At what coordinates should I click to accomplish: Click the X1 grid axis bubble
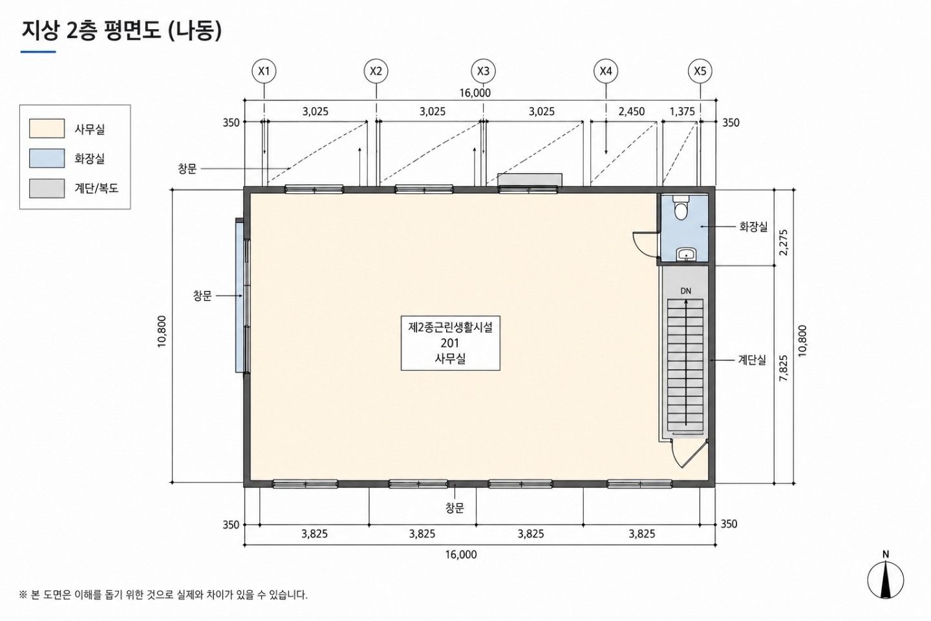(264, 71)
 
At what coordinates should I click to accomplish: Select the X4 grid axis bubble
(606, 71)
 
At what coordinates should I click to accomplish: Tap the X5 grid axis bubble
(700, 71)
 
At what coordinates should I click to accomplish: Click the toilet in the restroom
(681, 207)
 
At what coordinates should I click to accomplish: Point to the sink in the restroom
(686, 254)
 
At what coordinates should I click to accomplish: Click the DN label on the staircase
(686, 291)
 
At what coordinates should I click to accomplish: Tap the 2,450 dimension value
(631, 111)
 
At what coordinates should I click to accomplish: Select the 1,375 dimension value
(682, 111)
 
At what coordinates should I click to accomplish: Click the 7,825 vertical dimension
(784, 368)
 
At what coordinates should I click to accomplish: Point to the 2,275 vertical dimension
(784, 243)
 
